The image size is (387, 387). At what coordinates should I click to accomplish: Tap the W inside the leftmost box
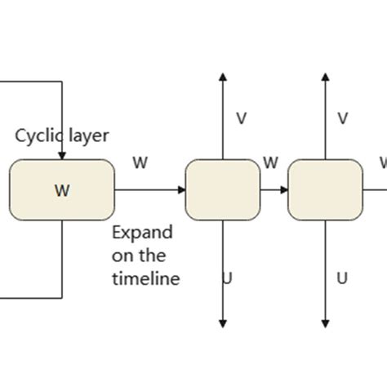(x=62, y=190)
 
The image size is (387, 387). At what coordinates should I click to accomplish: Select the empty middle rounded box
(x=222, y=190)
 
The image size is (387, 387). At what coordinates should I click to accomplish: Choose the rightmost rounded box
(x=325, y=190)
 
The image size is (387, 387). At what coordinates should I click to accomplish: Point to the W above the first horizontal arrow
(x=140, y=162)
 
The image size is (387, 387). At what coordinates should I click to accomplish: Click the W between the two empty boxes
(x=271, y=163)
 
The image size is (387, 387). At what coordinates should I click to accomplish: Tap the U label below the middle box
(x=227, y=278)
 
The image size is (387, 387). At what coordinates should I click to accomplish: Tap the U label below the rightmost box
(x=343, y=278)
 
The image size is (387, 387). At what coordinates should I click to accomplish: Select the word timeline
(x=145, y=278)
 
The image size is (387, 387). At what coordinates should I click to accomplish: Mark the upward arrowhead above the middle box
(x=222, y=78)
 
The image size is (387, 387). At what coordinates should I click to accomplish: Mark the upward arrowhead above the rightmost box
(x=325, y=78)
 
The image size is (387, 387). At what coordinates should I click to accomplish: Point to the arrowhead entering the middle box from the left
(x=180, y=190)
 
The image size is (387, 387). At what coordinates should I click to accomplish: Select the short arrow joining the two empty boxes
(x=274, y=190)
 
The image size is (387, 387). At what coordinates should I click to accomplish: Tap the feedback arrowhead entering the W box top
(x=62, y=154)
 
